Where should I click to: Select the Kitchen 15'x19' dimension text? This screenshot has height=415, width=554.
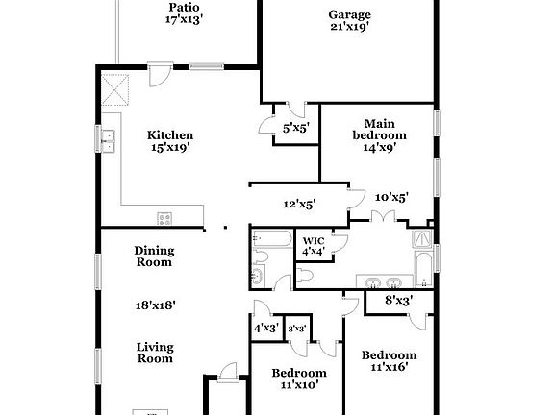pos(170,148)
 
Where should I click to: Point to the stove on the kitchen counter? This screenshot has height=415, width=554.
pos(164,218)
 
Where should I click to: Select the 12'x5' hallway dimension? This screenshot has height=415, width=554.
pos(299,204)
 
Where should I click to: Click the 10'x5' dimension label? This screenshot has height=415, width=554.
pos(391,197)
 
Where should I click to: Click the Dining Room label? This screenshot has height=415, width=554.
pos(153,256)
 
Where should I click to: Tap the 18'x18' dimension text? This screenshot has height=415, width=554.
pos(154,305)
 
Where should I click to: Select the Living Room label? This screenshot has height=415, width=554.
pos(154,353)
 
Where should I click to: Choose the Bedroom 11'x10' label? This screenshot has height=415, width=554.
pos(298,378)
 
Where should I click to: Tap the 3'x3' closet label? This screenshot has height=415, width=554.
pos(297,329)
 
